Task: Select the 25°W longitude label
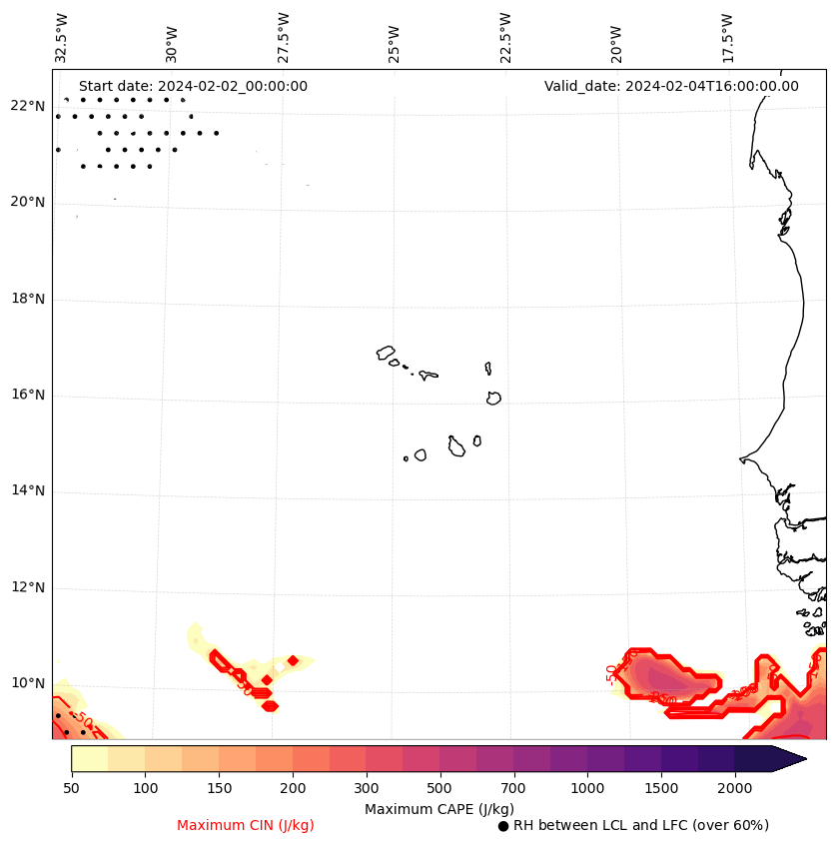point(395,38)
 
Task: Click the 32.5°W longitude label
point(62,38)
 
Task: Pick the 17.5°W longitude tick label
point(728,38)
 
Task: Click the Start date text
point(193,86)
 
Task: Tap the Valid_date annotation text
point(671,86)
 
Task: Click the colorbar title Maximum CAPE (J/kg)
point(438,808)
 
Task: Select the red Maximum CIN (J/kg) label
point(246,825)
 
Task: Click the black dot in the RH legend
point(503,826)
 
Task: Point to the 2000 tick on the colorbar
point(735,788)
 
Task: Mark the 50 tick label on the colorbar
point(71,788)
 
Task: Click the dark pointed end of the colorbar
point(789,758)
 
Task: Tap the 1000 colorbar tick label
point(587,788)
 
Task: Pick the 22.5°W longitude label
point(505,38)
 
